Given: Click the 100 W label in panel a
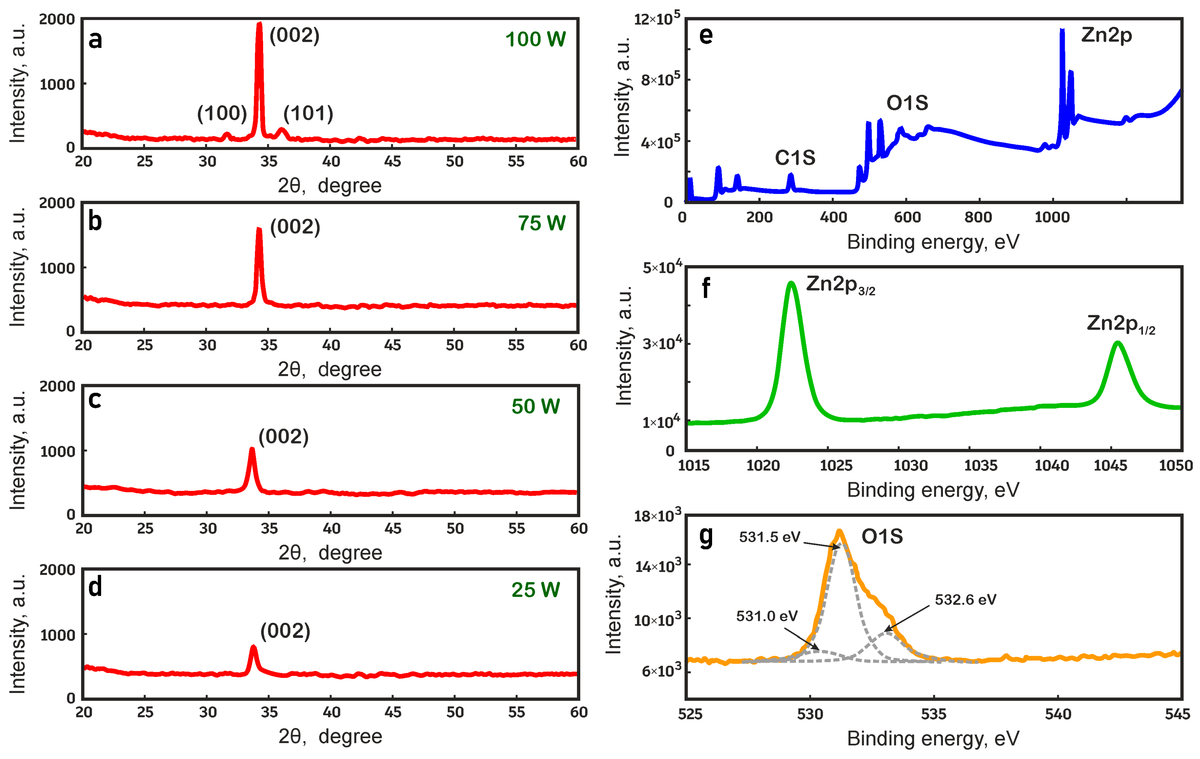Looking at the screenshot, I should [x=535, y=39].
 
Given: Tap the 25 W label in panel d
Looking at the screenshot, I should [x=535, y=590].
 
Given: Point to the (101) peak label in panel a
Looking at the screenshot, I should [x=308, y=114].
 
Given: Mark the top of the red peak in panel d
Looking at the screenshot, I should [x=253, y=647].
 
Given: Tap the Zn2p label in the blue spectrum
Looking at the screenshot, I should [x=1106, y=35].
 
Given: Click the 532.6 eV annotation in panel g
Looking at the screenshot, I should [x=965, y=599].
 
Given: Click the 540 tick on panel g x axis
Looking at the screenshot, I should [x=1058, y=714].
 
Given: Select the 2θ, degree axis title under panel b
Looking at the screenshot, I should [x=329, y=370].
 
